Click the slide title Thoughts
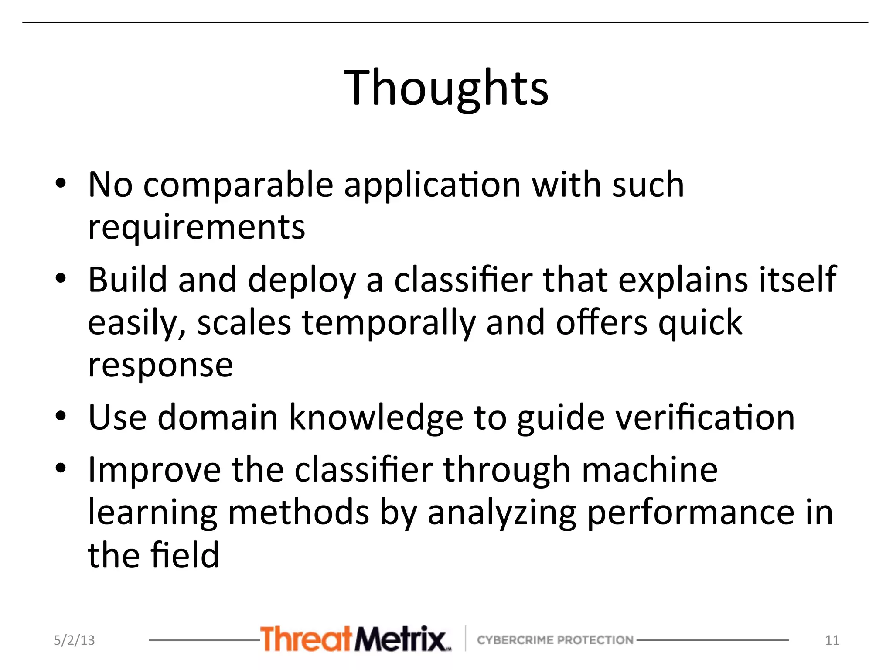446,88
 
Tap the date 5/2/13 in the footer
74,640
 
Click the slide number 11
832,640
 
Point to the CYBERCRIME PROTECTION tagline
555,640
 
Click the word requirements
197,227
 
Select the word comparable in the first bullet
239,185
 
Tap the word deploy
302,280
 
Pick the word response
160,366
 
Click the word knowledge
376,418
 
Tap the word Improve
154,470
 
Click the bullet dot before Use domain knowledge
61,416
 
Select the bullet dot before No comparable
61,184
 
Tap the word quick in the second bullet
700,323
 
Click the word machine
650,470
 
